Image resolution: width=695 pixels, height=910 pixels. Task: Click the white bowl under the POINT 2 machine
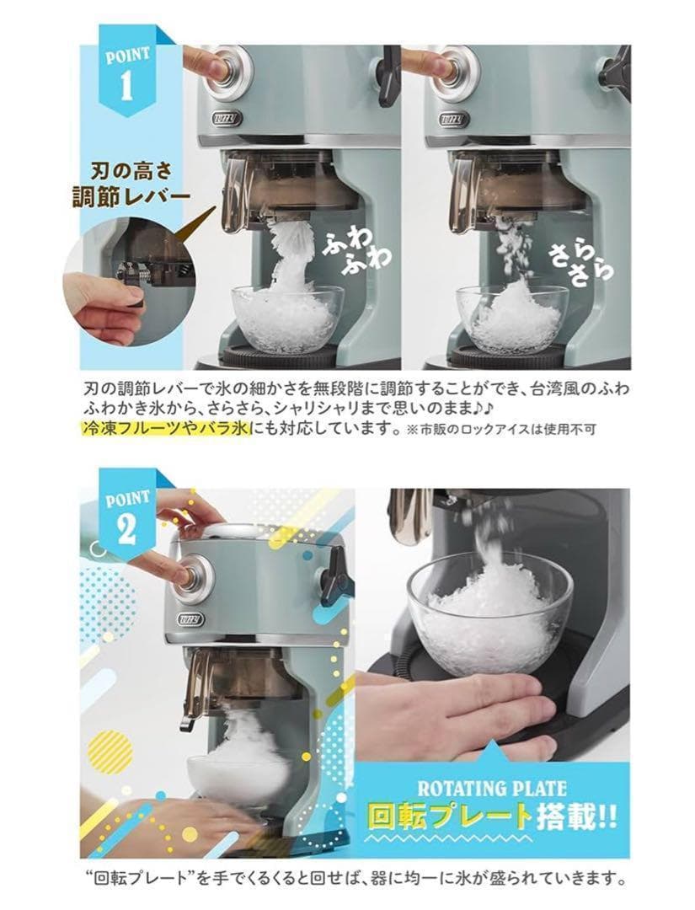[241, 779]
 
